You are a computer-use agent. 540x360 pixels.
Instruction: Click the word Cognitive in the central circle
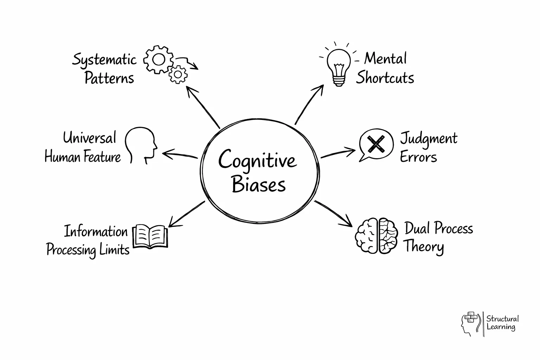pyautogui.click(x=257, y=160)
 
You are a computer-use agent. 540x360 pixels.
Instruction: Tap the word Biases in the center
pyautogui.click(x=259, y=184)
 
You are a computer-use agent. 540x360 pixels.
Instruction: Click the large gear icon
pyautogui.click(x=159, y=60)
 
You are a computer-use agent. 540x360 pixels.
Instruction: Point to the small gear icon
pyautogui.click(x=178, y=74)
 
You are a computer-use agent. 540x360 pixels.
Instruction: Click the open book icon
pyautogui.click(x=150, y=237)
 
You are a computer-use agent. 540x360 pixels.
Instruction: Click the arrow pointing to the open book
pyautogui.click(x=186, y=213)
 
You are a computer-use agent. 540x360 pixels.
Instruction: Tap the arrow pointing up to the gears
pyautogui.click(x=203, y=107)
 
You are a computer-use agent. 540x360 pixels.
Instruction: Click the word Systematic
pyautogui.click(x=104, y=60)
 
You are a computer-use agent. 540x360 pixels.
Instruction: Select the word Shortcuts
pyautogui.click(x=385, y=78)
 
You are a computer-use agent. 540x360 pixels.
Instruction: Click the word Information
pyautogui.click(x=96, y=232)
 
